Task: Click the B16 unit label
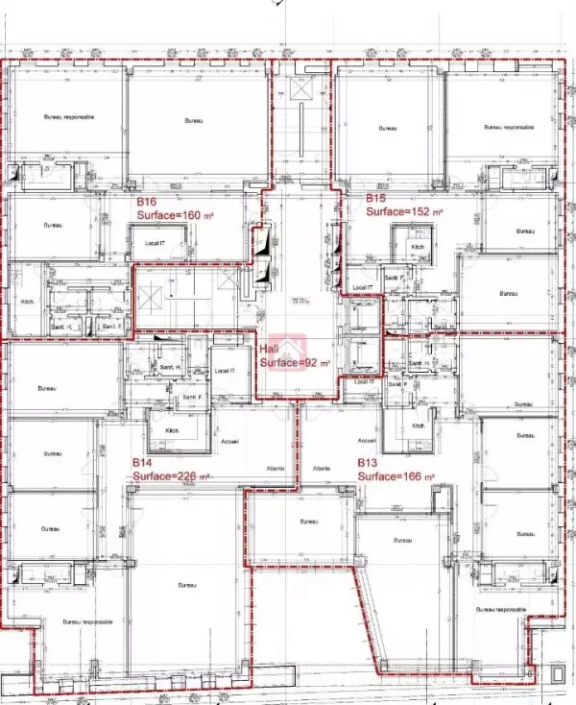[x=146, y=203]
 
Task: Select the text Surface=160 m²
[x=171, y=216]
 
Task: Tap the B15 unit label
[x=375, y=198]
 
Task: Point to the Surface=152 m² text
[x=404, y=211]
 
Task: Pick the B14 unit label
[x=143, y=462]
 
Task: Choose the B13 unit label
[x=368, y=462]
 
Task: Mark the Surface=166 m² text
[x=396, y=475]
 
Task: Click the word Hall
[x=270, y=350]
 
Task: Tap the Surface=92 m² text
[x=295, y=363]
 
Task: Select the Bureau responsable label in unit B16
[x=67, y=116]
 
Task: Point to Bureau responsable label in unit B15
[x=507, y=127]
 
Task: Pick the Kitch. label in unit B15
[x=418, y=247]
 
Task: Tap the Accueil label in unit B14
[x=229, y=441]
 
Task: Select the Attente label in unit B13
[x=322, y=468]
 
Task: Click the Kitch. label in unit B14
[x=174, y=430]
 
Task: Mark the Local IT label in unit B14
[x=225, y=371]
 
